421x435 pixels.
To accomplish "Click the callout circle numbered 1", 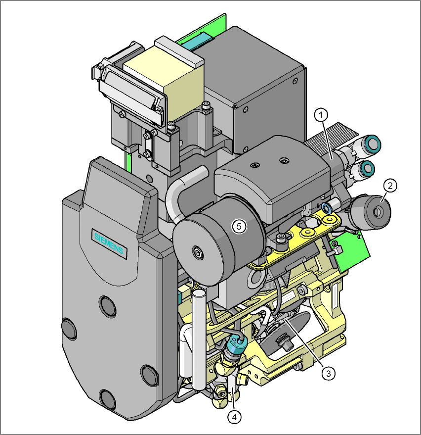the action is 321,115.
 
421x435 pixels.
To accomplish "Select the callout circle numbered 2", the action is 390,185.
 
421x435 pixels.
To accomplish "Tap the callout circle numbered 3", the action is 328,374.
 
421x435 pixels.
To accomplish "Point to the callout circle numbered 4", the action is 234,417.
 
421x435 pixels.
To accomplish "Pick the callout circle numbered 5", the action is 239,226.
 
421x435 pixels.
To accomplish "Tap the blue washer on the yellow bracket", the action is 327,207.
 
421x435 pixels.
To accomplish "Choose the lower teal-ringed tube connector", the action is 366,168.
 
